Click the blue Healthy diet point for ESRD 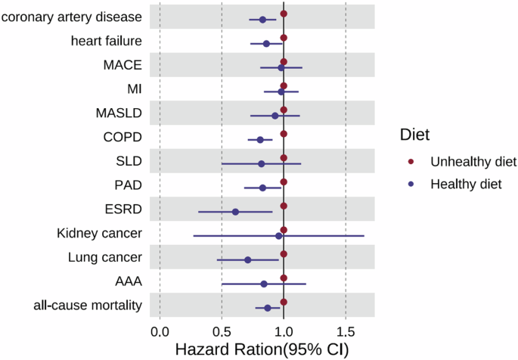[x=235, y=212]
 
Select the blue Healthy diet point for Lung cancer [x=247, y=260]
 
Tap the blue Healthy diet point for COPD [x=260, y=140]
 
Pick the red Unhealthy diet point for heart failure [x=284, y=38]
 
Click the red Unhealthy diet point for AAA [x=284, y=278]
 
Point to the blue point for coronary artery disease [x=262, y=20]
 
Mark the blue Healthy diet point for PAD [x=262, y=188]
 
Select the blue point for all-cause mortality [x=267, y=308]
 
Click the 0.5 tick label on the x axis [x=222, y=332]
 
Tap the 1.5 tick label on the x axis [x=346, y=332]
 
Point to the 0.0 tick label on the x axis [x=160, y=332]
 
